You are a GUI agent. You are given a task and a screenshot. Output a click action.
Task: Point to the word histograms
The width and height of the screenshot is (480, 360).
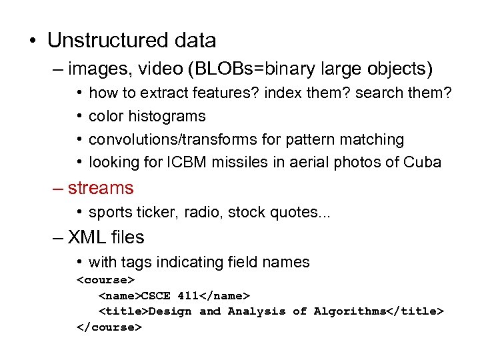point(167,116)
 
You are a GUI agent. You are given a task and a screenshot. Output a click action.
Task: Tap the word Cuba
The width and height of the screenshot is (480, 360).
point(422,162)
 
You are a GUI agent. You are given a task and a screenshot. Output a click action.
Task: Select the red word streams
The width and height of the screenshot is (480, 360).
point(100,188)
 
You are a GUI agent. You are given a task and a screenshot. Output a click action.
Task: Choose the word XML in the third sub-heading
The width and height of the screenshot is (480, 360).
point(87,237)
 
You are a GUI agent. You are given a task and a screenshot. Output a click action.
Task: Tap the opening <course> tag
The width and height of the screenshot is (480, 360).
point(106,279)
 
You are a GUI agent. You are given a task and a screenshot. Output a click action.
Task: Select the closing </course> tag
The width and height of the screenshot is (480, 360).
point(109,327)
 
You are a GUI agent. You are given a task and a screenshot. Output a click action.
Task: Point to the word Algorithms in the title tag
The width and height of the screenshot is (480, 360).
point(349,311)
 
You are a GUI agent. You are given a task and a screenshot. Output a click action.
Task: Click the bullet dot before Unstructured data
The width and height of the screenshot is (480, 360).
point(31,41)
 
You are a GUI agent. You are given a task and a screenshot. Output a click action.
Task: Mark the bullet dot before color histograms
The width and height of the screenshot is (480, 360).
point(79,116)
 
